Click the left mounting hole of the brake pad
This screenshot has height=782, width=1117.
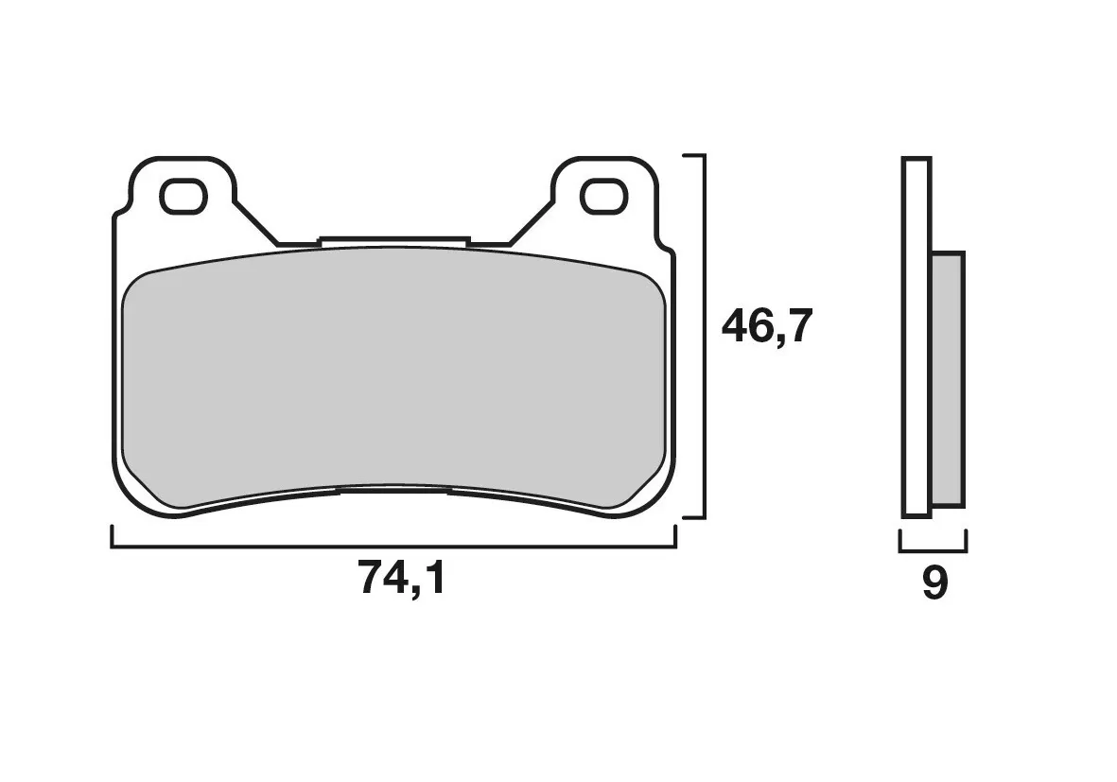tap(183, 197)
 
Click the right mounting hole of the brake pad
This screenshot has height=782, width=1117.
tap(602, 197)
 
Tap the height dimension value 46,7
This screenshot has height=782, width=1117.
tap(767, 328)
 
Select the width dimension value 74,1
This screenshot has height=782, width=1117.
tap(401, 578)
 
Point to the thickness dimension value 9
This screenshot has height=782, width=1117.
tap(934, 584)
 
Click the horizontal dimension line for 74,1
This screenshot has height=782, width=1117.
tap(393, 547)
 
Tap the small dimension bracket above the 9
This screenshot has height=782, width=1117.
tap(933, 547)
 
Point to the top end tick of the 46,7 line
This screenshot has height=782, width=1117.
tap(693, 155)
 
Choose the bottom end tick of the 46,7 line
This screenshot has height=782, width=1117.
tap(693, 517)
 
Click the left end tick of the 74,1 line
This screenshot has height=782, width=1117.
tap(113, 536)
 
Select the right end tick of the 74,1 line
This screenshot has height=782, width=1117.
tap(676, 536)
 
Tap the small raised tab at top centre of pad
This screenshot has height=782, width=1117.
tap(394, 242)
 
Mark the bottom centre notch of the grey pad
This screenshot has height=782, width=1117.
tap(393, 490)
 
